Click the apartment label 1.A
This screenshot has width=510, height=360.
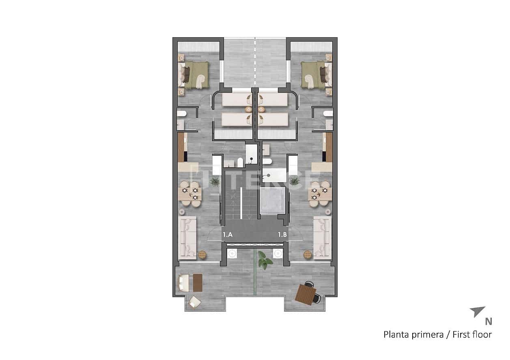[227, 234]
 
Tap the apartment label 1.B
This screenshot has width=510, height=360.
[283, 234]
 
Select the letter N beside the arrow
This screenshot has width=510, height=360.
[488, 322]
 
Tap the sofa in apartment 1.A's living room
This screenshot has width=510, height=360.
[187, 237]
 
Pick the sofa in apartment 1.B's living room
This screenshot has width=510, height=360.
[323, 237]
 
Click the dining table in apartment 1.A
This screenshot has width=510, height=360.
[190, 194]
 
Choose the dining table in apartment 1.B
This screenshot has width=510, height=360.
[320, 194]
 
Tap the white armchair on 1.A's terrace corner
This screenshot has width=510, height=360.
[194, 301]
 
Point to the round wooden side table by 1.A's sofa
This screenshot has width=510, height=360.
[202, 255]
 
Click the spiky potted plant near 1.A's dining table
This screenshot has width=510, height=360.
[215, 182]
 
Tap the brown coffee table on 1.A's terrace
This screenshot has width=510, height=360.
[198, 283]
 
